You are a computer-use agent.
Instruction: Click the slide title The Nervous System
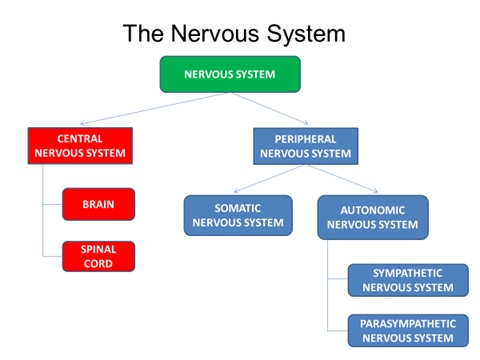[x=234, y=33]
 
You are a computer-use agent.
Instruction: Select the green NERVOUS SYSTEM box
[x=229, y=74]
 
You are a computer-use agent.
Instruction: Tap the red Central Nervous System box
[x=79, y=146]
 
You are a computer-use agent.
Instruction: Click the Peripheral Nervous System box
[x=305, y=146]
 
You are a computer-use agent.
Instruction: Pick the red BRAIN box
[x=98, y=204]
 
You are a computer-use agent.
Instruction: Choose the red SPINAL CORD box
[x=98, y=256]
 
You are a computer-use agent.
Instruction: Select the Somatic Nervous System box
[x=237, y=215]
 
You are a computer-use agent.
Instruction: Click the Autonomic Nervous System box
[x=372, y=217]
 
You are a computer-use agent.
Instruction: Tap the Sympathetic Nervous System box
[x=407, y=280]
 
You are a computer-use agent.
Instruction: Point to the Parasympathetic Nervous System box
[x=407, y=331]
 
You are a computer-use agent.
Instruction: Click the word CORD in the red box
[x=98, y=264]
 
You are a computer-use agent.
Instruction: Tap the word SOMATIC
[x=237, y=208]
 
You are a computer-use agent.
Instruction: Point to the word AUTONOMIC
[x=372, y=210]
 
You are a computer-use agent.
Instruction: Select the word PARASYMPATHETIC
[x=407, y=324]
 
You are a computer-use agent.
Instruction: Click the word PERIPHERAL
[x=305, y=139]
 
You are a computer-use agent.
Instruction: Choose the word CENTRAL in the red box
[x=79, y=139]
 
